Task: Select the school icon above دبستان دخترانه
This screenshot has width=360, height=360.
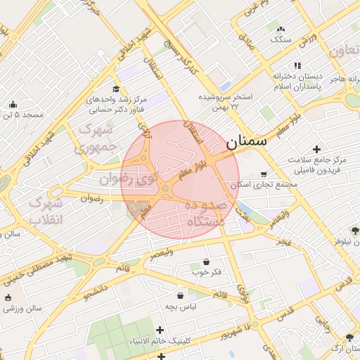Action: click(x=297, y=65)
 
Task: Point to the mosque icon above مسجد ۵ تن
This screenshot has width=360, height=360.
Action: click(x=13, y=105)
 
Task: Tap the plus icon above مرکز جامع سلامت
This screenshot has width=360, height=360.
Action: click(x=316, y=149)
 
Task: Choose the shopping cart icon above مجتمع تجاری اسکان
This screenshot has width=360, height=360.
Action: click(x=264, y=174)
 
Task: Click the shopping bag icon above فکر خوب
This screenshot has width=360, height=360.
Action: click(x=206, y=261)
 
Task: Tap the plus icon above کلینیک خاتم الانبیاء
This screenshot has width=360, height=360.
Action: click(x=160, y=330)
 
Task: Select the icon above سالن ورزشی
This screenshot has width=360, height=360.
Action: click(x=8, y=297)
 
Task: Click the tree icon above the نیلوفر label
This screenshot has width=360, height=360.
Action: click(x=354, y=231)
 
